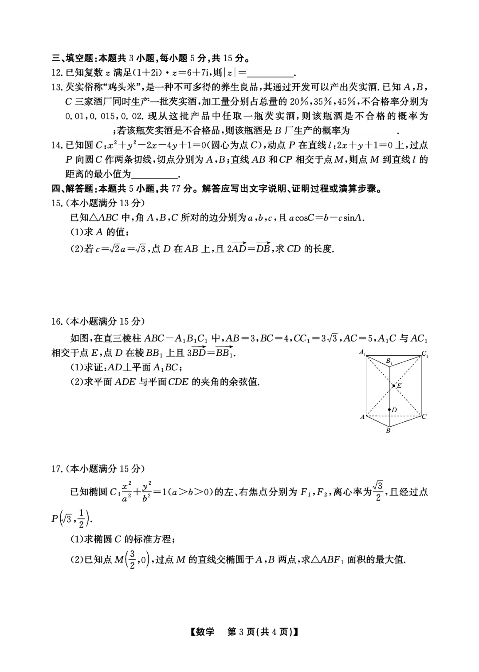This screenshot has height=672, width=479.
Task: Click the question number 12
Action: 58,73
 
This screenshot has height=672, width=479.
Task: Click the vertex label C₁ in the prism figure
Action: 424,354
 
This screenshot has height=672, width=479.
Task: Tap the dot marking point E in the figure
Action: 393,386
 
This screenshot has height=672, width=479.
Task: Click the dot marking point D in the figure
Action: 389,410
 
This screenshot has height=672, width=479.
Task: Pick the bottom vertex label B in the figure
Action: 388,430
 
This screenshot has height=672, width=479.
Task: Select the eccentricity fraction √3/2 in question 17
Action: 378,491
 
